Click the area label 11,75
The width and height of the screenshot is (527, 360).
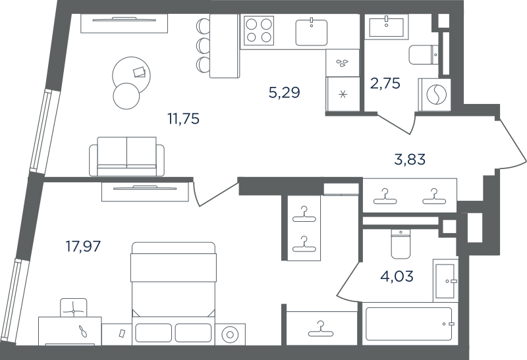point(184,118)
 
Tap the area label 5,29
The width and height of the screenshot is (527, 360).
point(284,92)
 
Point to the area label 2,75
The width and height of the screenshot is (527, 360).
point(385,84)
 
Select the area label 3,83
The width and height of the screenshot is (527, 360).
point(410,159)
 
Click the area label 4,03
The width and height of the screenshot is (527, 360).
point(397,276)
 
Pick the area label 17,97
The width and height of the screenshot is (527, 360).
point(83,247)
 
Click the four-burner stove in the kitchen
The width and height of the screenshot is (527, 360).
point(258,30)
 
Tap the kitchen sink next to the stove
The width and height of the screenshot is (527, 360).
point(312,32)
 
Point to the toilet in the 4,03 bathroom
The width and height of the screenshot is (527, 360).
point(401,244)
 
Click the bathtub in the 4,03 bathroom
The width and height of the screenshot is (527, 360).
point(408,324)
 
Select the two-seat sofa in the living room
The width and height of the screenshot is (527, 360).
point(126,157)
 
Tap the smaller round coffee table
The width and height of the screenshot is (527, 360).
point(126,95)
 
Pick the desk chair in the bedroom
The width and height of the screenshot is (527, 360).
point(73,307)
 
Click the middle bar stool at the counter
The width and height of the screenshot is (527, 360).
point(203,45)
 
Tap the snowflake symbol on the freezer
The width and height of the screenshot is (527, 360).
point(343,94)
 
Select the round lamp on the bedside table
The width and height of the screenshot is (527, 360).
point(230,334)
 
